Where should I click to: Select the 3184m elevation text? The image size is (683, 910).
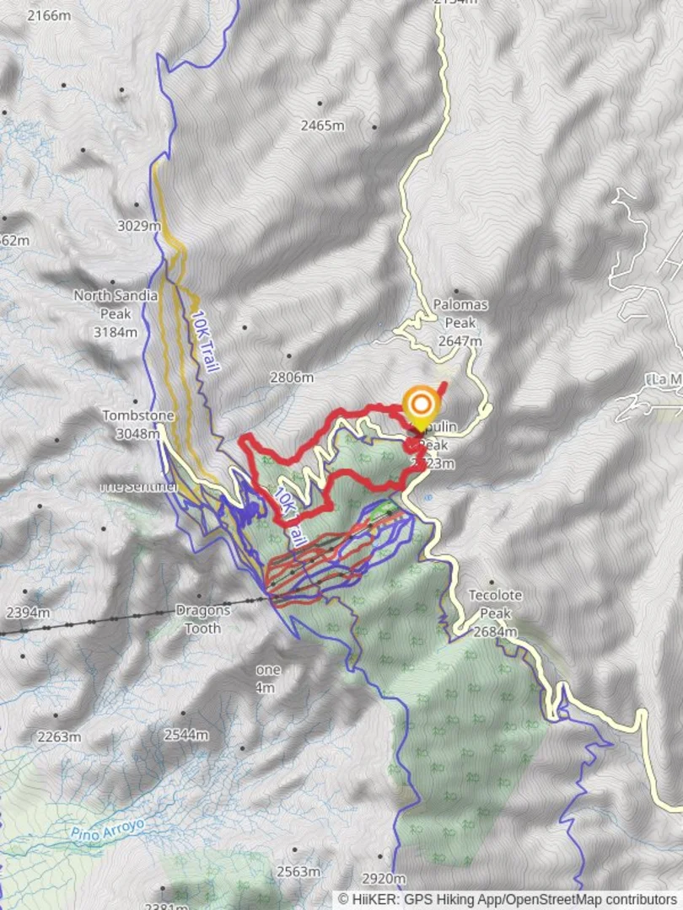click(x=116, y=332)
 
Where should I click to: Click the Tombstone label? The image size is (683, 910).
click(x=138, y=415)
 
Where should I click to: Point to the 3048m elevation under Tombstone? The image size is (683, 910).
click(x=138, y=434)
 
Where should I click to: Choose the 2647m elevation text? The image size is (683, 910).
click(x=460, y=341)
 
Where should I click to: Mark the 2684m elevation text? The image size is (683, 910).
click(x=495, y=632)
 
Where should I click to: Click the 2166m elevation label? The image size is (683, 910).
click(x=48, y=15)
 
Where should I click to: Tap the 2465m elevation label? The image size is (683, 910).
click(x=322, y=126)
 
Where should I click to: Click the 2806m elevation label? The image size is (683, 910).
click(x=292, y=377)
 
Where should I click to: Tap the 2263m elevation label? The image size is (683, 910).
click(x=59, y=736)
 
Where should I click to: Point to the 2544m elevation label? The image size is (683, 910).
click(x=186, y=735)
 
